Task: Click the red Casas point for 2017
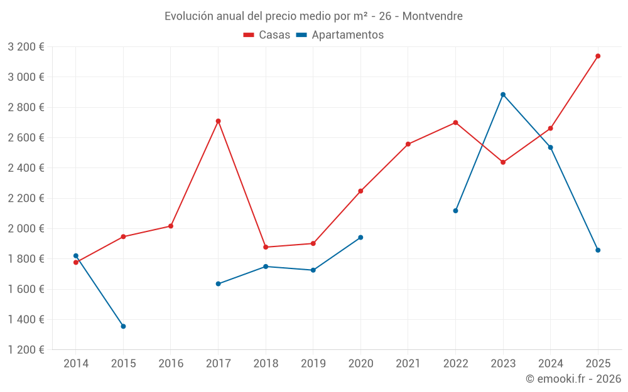tap(218, 121)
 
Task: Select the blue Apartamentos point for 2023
tap(503, 95)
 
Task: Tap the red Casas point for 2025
tap(598, 56)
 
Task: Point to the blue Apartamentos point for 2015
tap(123, 326)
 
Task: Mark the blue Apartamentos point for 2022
tap(455, 211)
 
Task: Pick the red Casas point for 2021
tap(408, 144)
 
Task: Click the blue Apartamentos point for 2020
tap(360, 237)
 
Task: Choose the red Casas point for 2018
tap(266, 247)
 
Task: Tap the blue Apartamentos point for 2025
tap(598, 250)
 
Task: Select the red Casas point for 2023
tap(503, 162)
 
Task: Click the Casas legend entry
tap(267, 35)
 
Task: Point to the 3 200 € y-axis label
tap(26, 46)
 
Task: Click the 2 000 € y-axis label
tap(26, 228)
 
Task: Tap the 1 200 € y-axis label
tap(26, 350)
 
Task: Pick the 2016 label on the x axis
tap(171, 363)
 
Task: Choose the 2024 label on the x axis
tap(550, 363)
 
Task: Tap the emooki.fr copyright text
tap(573, 379)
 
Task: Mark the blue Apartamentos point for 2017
tap(218, 283)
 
